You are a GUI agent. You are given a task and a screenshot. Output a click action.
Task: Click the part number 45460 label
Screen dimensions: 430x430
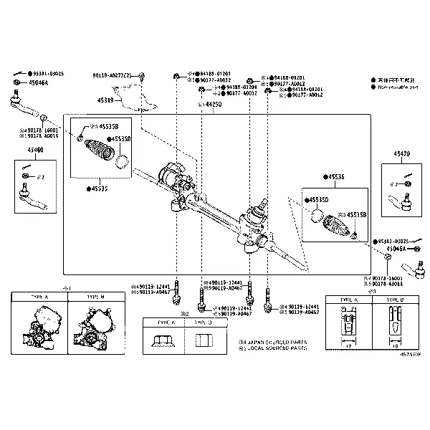coord(35,150)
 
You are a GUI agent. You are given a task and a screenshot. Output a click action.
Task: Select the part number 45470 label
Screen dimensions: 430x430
coord(401,154)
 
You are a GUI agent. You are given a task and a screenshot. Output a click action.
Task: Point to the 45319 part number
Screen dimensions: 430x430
coord(105,100)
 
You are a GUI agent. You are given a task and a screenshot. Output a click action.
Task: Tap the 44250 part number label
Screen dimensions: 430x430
coord(211,105)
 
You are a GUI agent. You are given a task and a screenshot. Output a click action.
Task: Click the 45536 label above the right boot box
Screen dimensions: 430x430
coord(334,176)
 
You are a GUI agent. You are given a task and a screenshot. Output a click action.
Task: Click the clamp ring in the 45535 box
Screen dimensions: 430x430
coord(123,159)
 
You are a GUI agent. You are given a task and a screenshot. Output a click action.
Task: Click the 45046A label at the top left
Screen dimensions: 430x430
coord(39,82)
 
